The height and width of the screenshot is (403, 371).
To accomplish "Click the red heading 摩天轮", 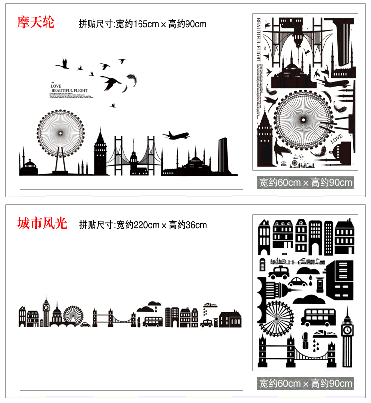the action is [36, 22].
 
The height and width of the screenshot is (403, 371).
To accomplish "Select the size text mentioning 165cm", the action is [142, 24].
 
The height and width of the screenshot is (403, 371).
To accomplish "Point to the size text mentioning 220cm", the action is [143, 225].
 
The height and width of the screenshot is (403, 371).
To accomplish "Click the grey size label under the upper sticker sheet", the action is [305, 182].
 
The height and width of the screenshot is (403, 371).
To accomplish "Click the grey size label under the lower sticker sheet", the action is [305, 383].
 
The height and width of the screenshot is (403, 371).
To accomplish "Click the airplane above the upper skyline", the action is [176, 135].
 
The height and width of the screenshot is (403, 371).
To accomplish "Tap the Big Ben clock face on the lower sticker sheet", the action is [348, 329].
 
